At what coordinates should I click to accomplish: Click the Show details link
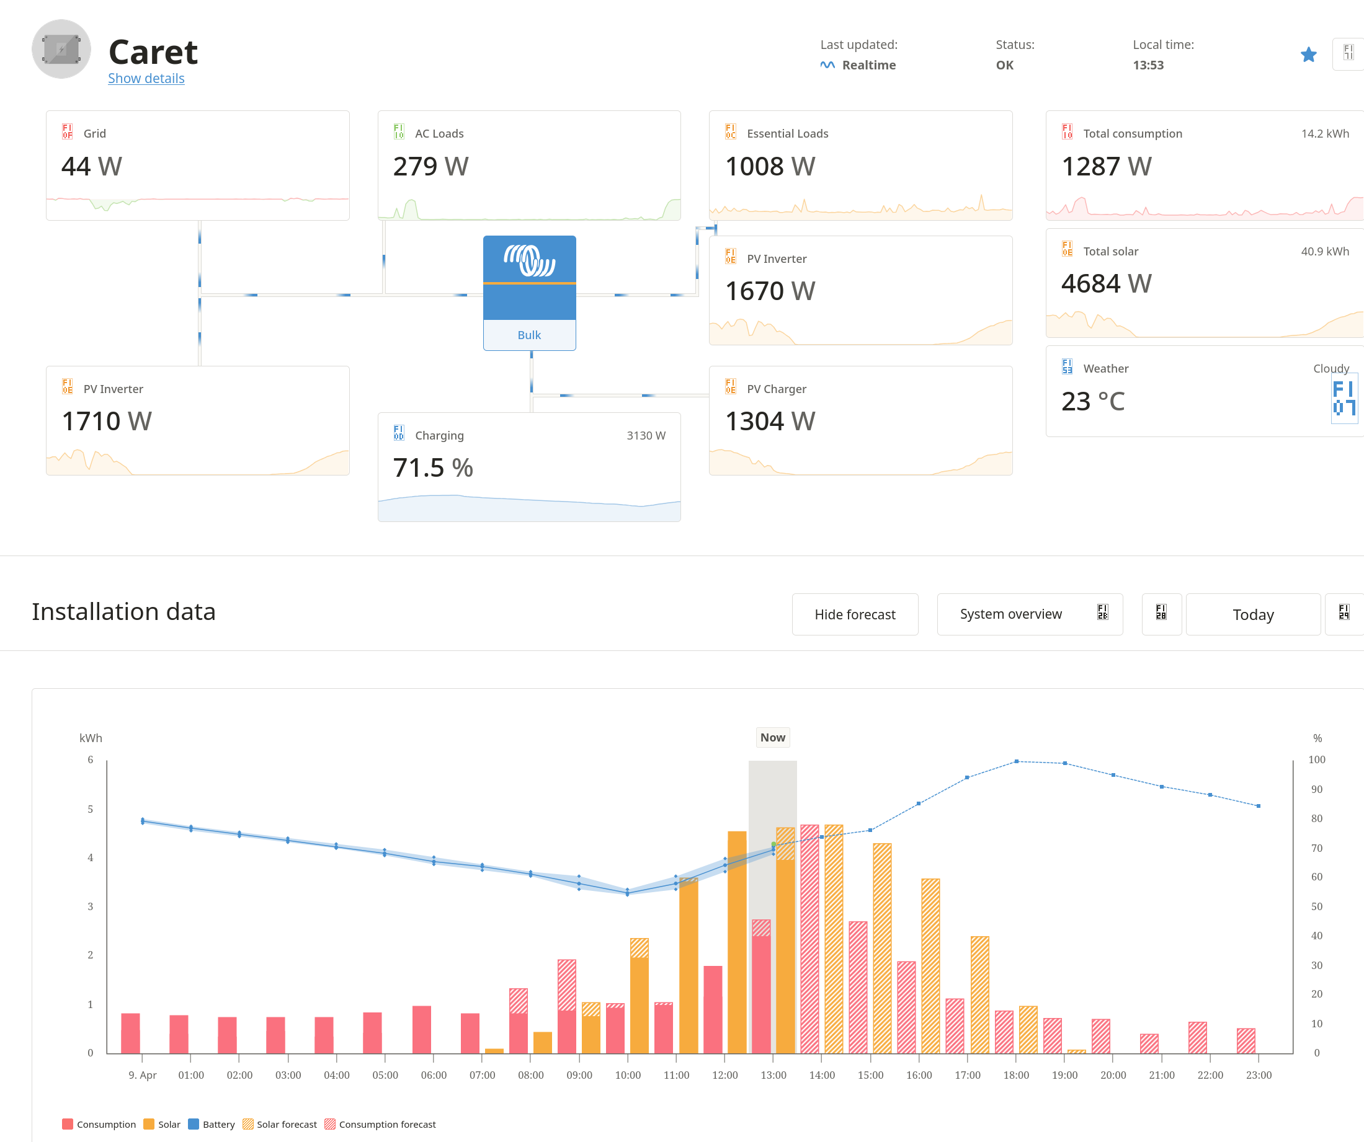[146, 79]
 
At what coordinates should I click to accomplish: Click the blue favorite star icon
[1308, 55]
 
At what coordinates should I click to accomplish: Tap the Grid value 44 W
[92, 166]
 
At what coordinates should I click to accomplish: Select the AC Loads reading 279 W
[430, 166]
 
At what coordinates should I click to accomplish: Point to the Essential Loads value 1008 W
[769, 166]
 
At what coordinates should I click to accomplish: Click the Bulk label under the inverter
[528, 335]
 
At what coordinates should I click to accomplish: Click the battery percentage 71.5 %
[432, 467]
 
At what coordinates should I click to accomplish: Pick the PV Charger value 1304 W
[769, 422]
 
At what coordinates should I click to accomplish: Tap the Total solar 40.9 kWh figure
[1324, 251]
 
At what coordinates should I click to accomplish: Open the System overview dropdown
[1029, 614]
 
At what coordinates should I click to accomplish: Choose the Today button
[1252, 614]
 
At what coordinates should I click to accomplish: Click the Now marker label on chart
[772, 738]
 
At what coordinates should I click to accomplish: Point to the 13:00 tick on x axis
[773, 1075]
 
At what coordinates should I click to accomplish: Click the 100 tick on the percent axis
[1316, 759]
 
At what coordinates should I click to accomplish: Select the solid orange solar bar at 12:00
[736, 941]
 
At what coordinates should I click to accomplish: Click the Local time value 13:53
[1148, 65]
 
